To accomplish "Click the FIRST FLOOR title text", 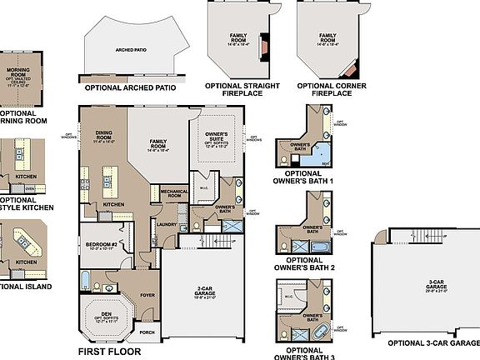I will point(111,352).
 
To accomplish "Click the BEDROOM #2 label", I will point(100,246).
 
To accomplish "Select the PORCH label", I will point(147,332).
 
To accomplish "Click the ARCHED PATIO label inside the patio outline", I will point(131,49).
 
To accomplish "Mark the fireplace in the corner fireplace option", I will point(350,66).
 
